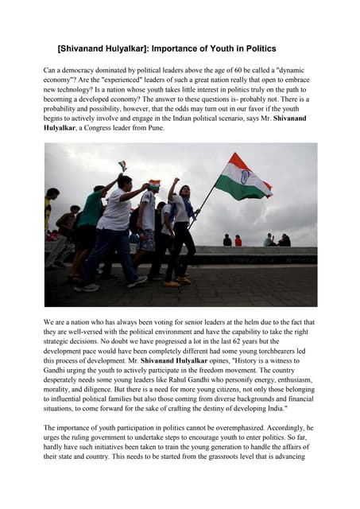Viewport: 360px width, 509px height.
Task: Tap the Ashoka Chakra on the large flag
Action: [x=245, y=177]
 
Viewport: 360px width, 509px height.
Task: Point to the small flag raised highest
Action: [x=122, y=165]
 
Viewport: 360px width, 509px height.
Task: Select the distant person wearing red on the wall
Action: [x=238, y=240]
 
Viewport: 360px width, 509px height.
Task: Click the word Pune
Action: [x=153, y=127]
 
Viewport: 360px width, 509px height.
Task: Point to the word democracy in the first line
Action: [x=78, y=71]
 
